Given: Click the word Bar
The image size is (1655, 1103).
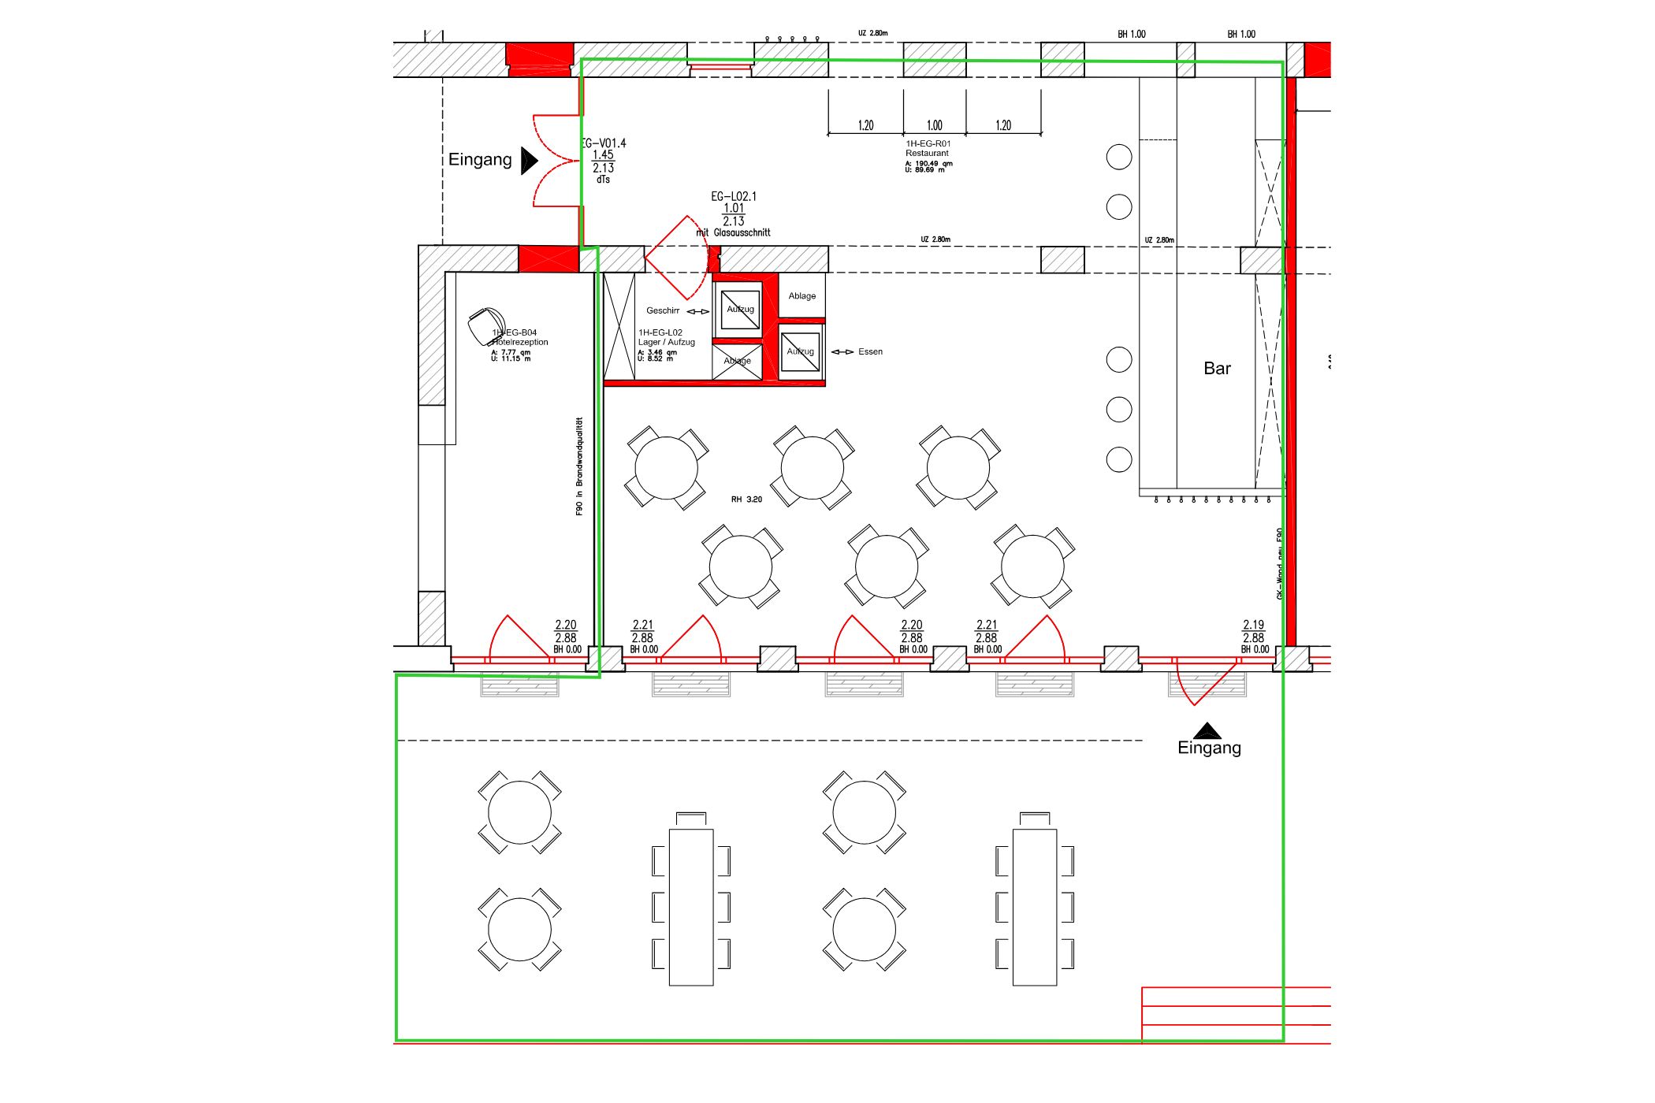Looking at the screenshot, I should click(x=1216, y=369).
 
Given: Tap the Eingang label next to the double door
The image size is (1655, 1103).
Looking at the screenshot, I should click(x=480, y=160).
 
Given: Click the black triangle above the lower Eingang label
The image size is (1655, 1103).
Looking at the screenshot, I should click(x=1207, y=730).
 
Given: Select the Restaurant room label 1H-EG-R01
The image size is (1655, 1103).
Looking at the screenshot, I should click(x=928, y=149).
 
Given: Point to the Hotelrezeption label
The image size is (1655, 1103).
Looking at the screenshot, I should click(x=519, y=342).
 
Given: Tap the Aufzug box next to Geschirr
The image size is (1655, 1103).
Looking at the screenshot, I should click(x=740, y=310).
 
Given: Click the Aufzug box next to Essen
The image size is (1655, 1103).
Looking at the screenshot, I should click(x=800, y=351).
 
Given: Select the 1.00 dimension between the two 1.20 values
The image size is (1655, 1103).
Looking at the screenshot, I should click(x=934, y=125).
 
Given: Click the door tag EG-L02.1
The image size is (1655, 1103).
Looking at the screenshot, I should click(x=733, y=197).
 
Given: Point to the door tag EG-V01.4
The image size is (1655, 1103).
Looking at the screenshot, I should click(x=603, y=143).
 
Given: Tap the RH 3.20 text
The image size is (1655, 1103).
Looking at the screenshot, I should click(x=746, y=500).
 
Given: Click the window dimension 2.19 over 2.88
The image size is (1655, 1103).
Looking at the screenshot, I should click(x=1253, y=631).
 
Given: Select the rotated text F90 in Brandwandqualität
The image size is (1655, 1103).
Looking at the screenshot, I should click(x=579, y=466).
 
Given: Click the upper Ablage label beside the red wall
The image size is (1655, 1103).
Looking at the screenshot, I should click(x=801, y=296).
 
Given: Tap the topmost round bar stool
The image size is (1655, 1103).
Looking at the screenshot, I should click(x=1118, y=157).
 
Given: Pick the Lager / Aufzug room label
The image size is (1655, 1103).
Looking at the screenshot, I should click(x=666, y=342).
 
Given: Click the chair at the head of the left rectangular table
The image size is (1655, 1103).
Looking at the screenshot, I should click(x=691, y=819).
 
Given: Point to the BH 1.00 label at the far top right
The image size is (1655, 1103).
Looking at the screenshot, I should click(x=1241, y=34).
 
